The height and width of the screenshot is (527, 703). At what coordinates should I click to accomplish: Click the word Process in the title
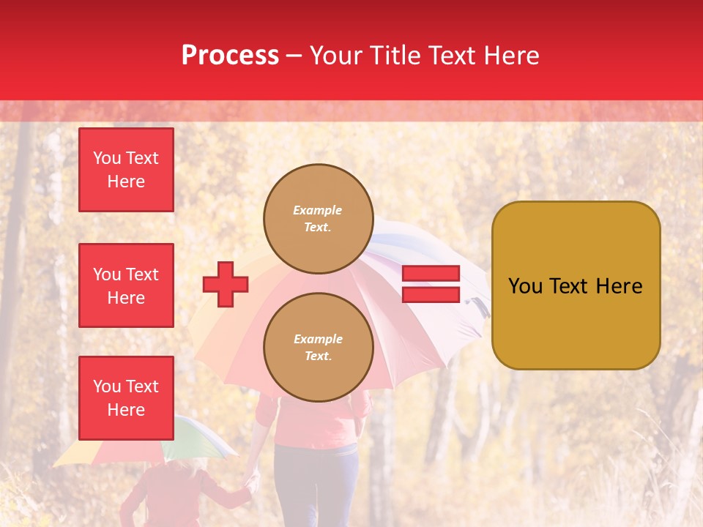(x=230, y=56)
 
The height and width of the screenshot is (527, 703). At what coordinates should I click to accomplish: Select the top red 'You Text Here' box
(x=126, y=170)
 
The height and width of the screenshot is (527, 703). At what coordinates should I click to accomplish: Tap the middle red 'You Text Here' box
(x=126, y=285)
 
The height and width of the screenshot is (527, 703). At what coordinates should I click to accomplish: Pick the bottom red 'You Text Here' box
(x=126, y=398)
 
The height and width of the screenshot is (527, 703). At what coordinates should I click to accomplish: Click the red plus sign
(x=226, y=284)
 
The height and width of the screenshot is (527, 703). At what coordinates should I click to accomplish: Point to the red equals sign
(x=431, y=284)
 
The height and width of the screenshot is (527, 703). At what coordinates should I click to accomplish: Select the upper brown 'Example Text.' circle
(x=319, y=219)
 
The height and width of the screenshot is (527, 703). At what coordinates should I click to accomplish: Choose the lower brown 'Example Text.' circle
(x=319, y=348)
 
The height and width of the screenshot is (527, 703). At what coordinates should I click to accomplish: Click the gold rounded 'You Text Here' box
(x=576, y=285)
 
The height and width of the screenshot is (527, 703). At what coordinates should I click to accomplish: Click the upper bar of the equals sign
(x=431, y=274)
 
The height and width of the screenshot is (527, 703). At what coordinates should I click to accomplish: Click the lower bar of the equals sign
(x=431, y=294)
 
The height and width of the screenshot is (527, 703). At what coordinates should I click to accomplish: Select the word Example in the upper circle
(x=318, y=210)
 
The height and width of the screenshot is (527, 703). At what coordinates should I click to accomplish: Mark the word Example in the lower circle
(x=318, y=339)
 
